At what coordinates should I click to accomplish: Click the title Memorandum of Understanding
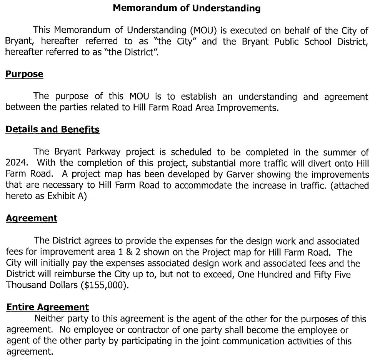tap(187, 8)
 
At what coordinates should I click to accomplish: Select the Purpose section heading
tap(24, 74)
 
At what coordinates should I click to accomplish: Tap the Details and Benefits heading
tap(52, 130)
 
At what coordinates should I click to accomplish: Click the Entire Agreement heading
tap(48, 307)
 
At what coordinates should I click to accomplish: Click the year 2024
tap(16, 160)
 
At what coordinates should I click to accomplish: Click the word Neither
tap(49, 319)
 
